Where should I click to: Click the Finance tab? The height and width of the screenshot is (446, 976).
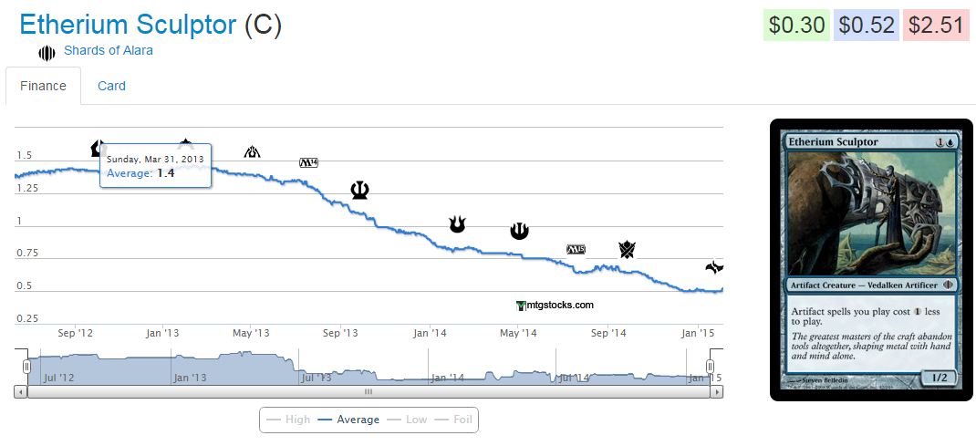click(43, 86)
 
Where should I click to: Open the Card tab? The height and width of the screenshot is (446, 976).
click(111, 86)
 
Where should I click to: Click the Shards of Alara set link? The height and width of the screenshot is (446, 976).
click(108, 50)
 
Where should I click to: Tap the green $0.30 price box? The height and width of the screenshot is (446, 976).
click(796, 26)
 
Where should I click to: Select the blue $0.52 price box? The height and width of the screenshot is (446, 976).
click(866, 26)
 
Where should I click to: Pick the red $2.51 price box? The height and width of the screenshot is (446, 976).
click(935, 26)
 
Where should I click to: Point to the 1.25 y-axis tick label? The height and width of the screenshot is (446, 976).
click(27, 188)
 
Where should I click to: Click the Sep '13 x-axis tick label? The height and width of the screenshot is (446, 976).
click(339, 333)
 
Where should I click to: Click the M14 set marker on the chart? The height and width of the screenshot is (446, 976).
click(308, 163)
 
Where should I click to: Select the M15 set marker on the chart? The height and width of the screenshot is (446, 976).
click(576, 249)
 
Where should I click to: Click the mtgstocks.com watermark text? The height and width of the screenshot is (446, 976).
click(555, 306)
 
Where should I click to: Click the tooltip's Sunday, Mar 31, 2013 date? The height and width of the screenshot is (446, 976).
click(155, 159)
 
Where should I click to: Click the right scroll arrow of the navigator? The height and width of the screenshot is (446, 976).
click(718, 391)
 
